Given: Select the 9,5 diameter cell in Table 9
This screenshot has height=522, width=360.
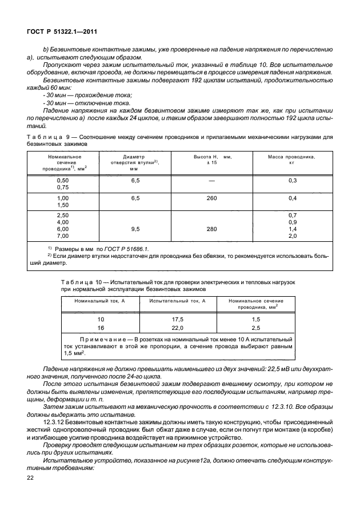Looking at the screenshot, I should [135, 228].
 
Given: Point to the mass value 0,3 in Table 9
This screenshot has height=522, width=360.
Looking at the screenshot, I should [293, 180].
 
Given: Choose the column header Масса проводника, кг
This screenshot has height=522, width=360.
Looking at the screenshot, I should [293, 160].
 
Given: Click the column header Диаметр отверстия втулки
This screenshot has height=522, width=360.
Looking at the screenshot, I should [135, 163].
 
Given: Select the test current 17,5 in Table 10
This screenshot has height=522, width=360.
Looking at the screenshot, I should [178, 319].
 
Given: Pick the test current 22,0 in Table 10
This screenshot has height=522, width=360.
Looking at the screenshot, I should [178, 328].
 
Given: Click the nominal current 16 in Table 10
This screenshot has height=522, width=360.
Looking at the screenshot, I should [101, 328].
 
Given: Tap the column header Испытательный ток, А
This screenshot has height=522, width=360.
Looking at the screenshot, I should [178, 301].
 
